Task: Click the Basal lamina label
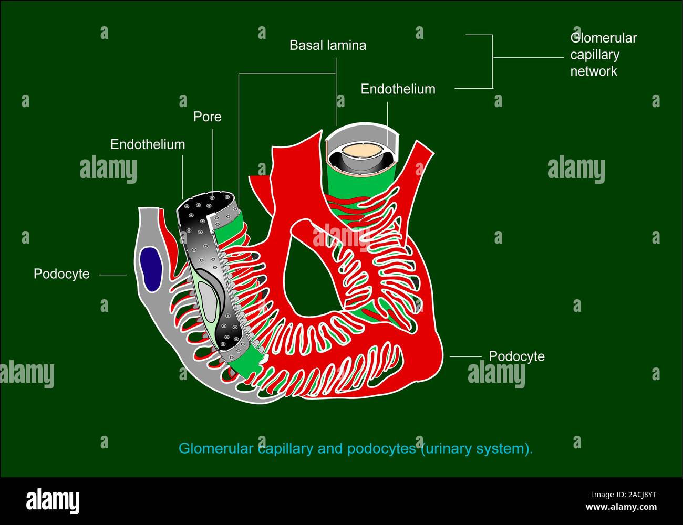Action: point(327,46)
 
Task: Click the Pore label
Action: point(207,117)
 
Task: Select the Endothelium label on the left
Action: point(148,144)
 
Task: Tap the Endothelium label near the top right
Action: point(398,89)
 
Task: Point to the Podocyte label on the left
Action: point(61,274)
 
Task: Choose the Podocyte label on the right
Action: point(516,356)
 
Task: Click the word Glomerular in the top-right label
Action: point(603,38)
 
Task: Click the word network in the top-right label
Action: point(594,71)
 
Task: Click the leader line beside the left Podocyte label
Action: point(112,275)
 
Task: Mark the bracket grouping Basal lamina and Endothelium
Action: point(492,61)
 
